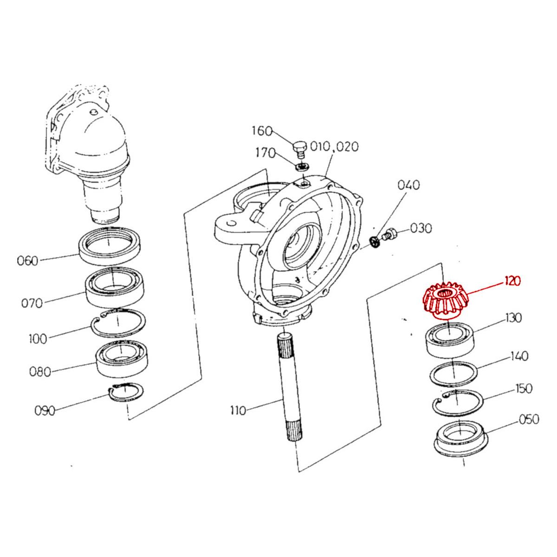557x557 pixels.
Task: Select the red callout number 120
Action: [511, 281]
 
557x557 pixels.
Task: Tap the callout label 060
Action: [27, 260]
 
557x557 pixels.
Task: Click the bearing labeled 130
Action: [450, 341]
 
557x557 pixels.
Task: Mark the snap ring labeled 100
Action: [118, 323]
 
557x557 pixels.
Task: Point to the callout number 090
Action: [45, 410]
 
